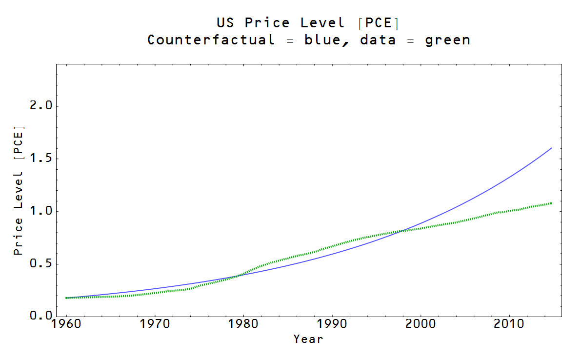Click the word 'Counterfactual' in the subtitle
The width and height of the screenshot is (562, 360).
pos(211,40)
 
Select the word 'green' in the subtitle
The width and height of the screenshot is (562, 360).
pos(447,40)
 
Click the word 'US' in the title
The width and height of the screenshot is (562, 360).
pos(225,23)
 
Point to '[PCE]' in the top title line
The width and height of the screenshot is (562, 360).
pos(379,23)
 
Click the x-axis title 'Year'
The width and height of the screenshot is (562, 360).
pos(308,339)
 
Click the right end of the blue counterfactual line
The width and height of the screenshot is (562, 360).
pos(551,148)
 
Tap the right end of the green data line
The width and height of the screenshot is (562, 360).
pos(551,203)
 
